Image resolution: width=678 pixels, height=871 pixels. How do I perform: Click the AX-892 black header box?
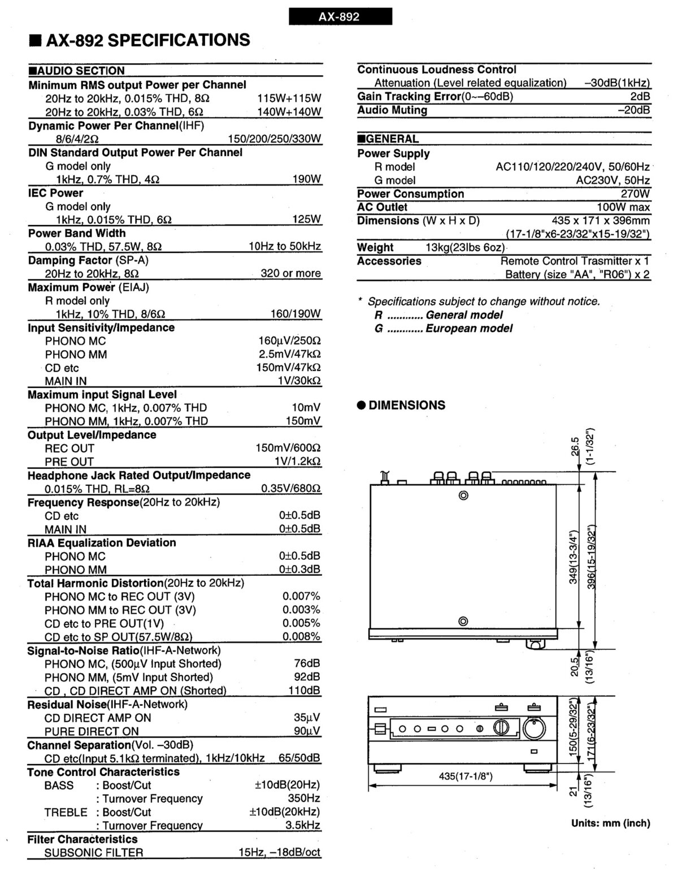(340, 16)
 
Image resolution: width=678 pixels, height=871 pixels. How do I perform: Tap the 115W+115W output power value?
(289, 98)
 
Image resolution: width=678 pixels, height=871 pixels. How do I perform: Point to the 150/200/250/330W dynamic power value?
(274, 139)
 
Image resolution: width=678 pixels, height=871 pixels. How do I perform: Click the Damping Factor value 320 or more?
(290, 274)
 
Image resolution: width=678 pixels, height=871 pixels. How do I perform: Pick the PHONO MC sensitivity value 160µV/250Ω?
(289, 341)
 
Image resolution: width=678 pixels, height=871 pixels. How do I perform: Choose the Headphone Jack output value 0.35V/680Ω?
(290, 489)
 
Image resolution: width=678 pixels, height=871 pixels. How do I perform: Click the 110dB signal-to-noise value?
(304, 691)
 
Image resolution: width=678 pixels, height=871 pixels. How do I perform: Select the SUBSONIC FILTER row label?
(94, 852)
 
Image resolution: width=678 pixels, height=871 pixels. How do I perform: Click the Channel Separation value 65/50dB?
(299, 758)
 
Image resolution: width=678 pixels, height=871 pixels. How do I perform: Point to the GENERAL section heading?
(390, 139)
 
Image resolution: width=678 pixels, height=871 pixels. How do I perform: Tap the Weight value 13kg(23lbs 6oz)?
(465, 248)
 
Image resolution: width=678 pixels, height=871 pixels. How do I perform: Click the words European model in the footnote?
(469, 329)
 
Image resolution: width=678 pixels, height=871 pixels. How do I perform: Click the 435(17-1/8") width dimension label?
(466, 777)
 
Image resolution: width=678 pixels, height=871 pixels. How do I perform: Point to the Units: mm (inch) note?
(610, 823)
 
